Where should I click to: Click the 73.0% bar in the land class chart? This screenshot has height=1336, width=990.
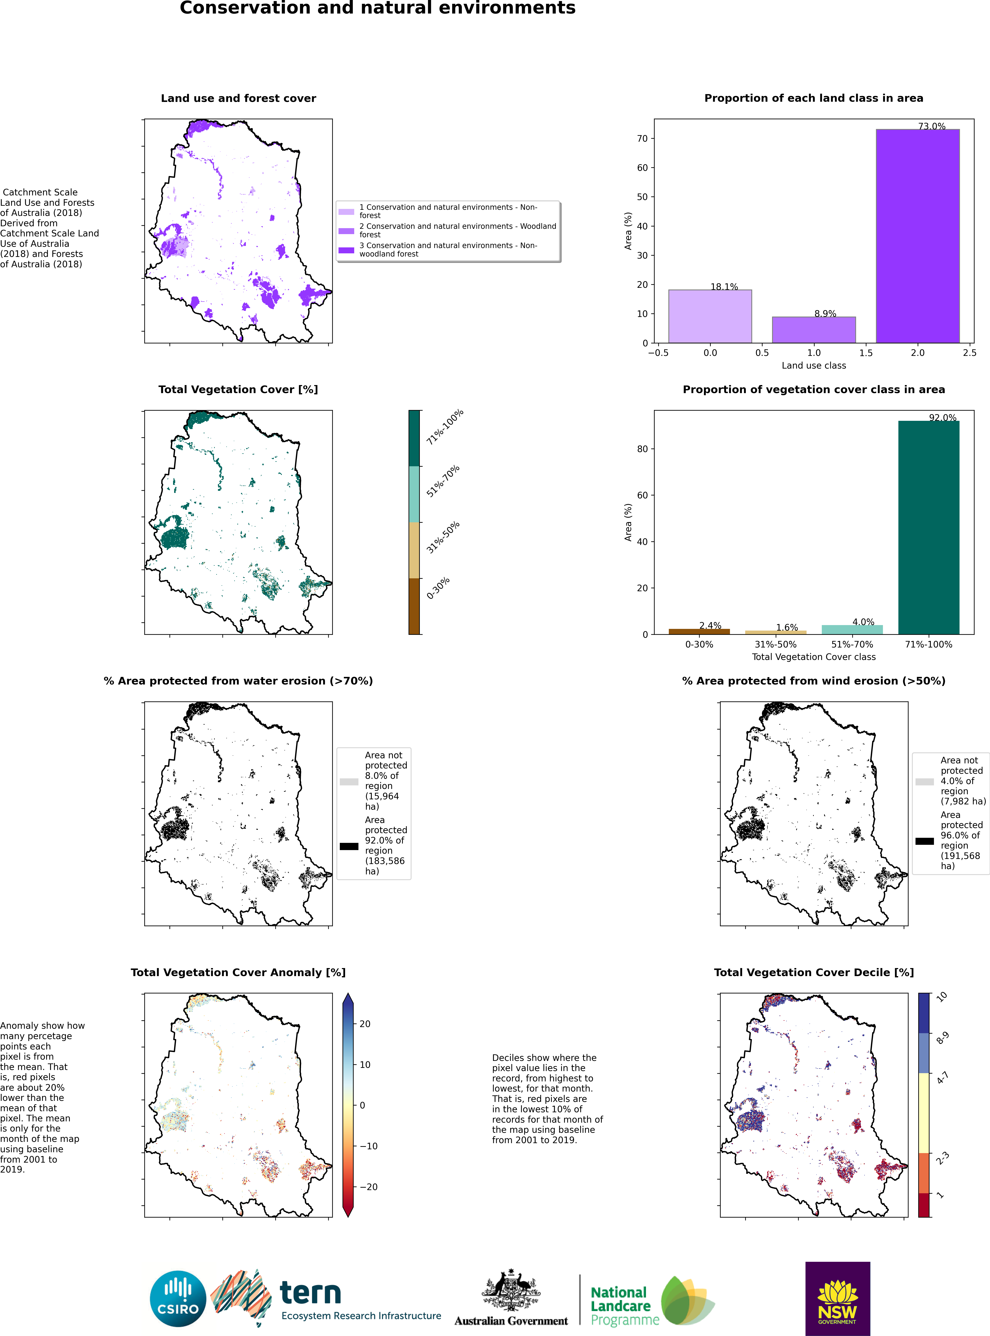point(917,236)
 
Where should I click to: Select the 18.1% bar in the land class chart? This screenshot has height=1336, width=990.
point(710,316)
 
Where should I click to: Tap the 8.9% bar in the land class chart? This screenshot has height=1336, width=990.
point(814,330)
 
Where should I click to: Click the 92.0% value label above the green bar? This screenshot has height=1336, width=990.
point(943,417)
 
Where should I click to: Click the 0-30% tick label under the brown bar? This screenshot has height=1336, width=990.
point(699,644)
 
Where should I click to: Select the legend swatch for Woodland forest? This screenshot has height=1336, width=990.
point(346,230)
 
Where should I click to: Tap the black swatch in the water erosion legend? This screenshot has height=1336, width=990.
point(349,846)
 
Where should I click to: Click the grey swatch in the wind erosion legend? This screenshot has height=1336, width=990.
point(925,782)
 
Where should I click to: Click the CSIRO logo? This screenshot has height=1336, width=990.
point(178,1299)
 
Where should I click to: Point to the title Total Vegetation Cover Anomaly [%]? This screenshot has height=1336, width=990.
point(238,973)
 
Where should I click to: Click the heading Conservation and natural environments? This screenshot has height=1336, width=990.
point(377,8)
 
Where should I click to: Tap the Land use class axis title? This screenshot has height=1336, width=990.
point(814,365)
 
